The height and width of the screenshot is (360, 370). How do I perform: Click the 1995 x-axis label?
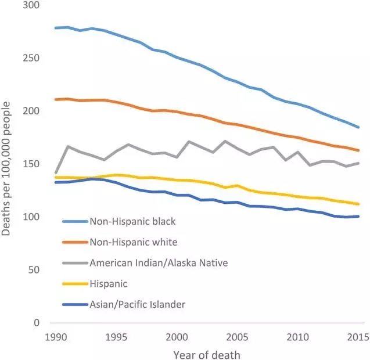pyautogui.click(x=117, y=337)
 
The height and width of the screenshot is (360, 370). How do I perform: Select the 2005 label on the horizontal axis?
pyautogui.click(x=238, y=337)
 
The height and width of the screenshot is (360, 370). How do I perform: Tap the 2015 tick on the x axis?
pyautogui.click(x=358, y=337)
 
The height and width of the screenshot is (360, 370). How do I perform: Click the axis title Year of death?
pyautogui.click(x=206, y=354)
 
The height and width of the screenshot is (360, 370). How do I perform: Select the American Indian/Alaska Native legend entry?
pyautogui.click(x=159, y=262)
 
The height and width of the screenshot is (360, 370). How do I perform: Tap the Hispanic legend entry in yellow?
pyautogui.click(x=108, y=283)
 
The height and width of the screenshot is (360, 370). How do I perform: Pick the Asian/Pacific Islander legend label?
pyautogui.click(x=137, y=304)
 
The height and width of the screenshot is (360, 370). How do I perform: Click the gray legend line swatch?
pyautogui.click(x=74, y=263)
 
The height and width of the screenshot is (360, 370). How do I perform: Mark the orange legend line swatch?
pyautogui.click(x=74, y=242)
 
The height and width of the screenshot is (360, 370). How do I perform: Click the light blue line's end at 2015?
pyautogui.click(x=358, y=127)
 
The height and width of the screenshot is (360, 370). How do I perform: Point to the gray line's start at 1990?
pyautogui.click(x=56, y=173)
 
